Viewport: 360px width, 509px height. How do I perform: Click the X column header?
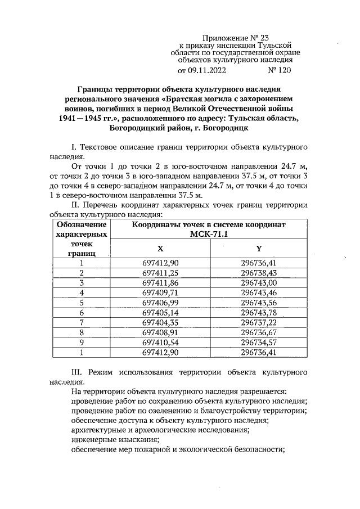point(160,248)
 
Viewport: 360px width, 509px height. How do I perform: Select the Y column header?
point(259,248)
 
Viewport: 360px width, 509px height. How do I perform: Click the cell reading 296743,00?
point(259,282)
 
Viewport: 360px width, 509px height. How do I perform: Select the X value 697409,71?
point(160,292)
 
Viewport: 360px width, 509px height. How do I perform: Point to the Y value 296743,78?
point(259,312)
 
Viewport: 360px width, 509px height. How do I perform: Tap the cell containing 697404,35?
point(160,322)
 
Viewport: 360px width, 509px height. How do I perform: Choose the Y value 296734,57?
point(259,342)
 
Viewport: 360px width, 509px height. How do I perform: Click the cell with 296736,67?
point(259,332)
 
